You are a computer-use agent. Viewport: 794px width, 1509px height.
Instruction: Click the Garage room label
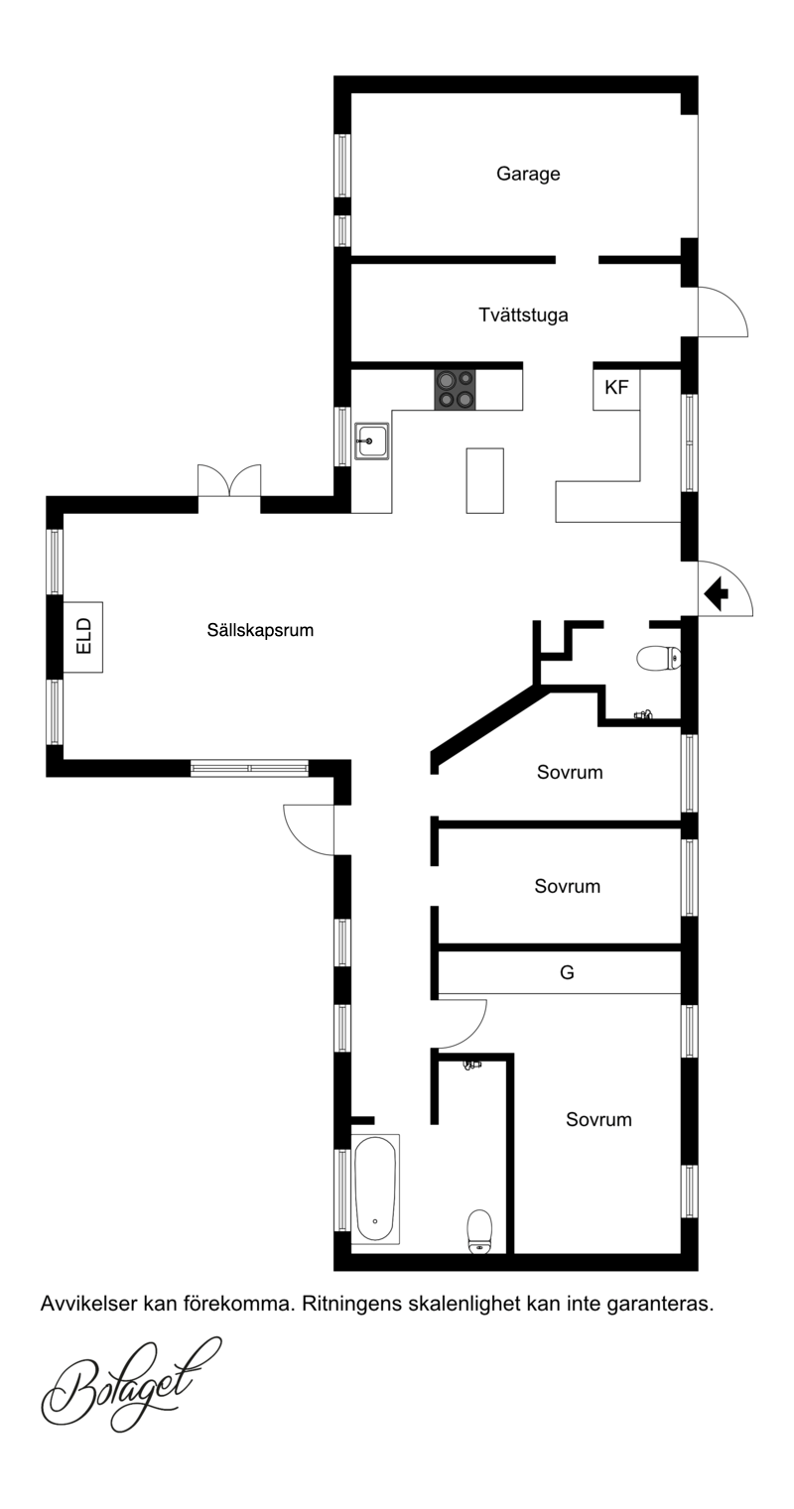[x=528, y=174]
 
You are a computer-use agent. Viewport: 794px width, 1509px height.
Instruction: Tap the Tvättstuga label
[x=523, y=314]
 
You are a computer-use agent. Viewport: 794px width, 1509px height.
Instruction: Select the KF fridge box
[x=616, y=389]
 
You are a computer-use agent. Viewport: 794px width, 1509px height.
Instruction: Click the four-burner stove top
[x=455, y=389]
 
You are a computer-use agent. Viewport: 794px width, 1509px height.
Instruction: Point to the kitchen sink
[x=371, y=441]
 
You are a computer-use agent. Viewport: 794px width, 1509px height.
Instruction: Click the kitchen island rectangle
[x=484, y=480]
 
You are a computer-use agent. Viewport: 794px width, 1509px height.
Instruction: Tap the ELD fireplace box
[x=83, y=637]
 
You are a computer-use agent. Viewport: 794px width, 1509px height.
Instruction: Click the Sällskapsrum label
[x=260, y=631]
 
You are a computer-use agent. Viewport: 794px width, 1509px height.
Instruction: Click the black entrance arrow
[x=716, y=593]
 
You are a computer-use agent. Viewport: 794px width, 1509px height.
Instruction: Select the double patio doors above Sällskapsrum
[x=229, y=480]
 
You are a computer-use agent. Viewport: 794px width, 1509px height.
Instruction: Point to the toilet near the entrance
[x=659, y=658]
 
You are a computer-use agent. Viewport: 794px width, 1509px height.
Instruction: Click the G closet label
[x=567, y=972]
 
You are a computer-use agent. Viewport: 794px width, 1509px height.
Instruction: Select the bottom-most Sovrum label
[x=598, y=1120]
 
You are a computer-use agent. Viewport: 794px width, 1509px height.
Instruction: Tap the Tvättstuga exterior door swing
[x=724, y=312]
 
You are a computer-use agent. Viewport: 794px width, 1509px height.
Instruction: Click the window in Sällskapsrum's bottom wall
[x=249, y=768]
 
